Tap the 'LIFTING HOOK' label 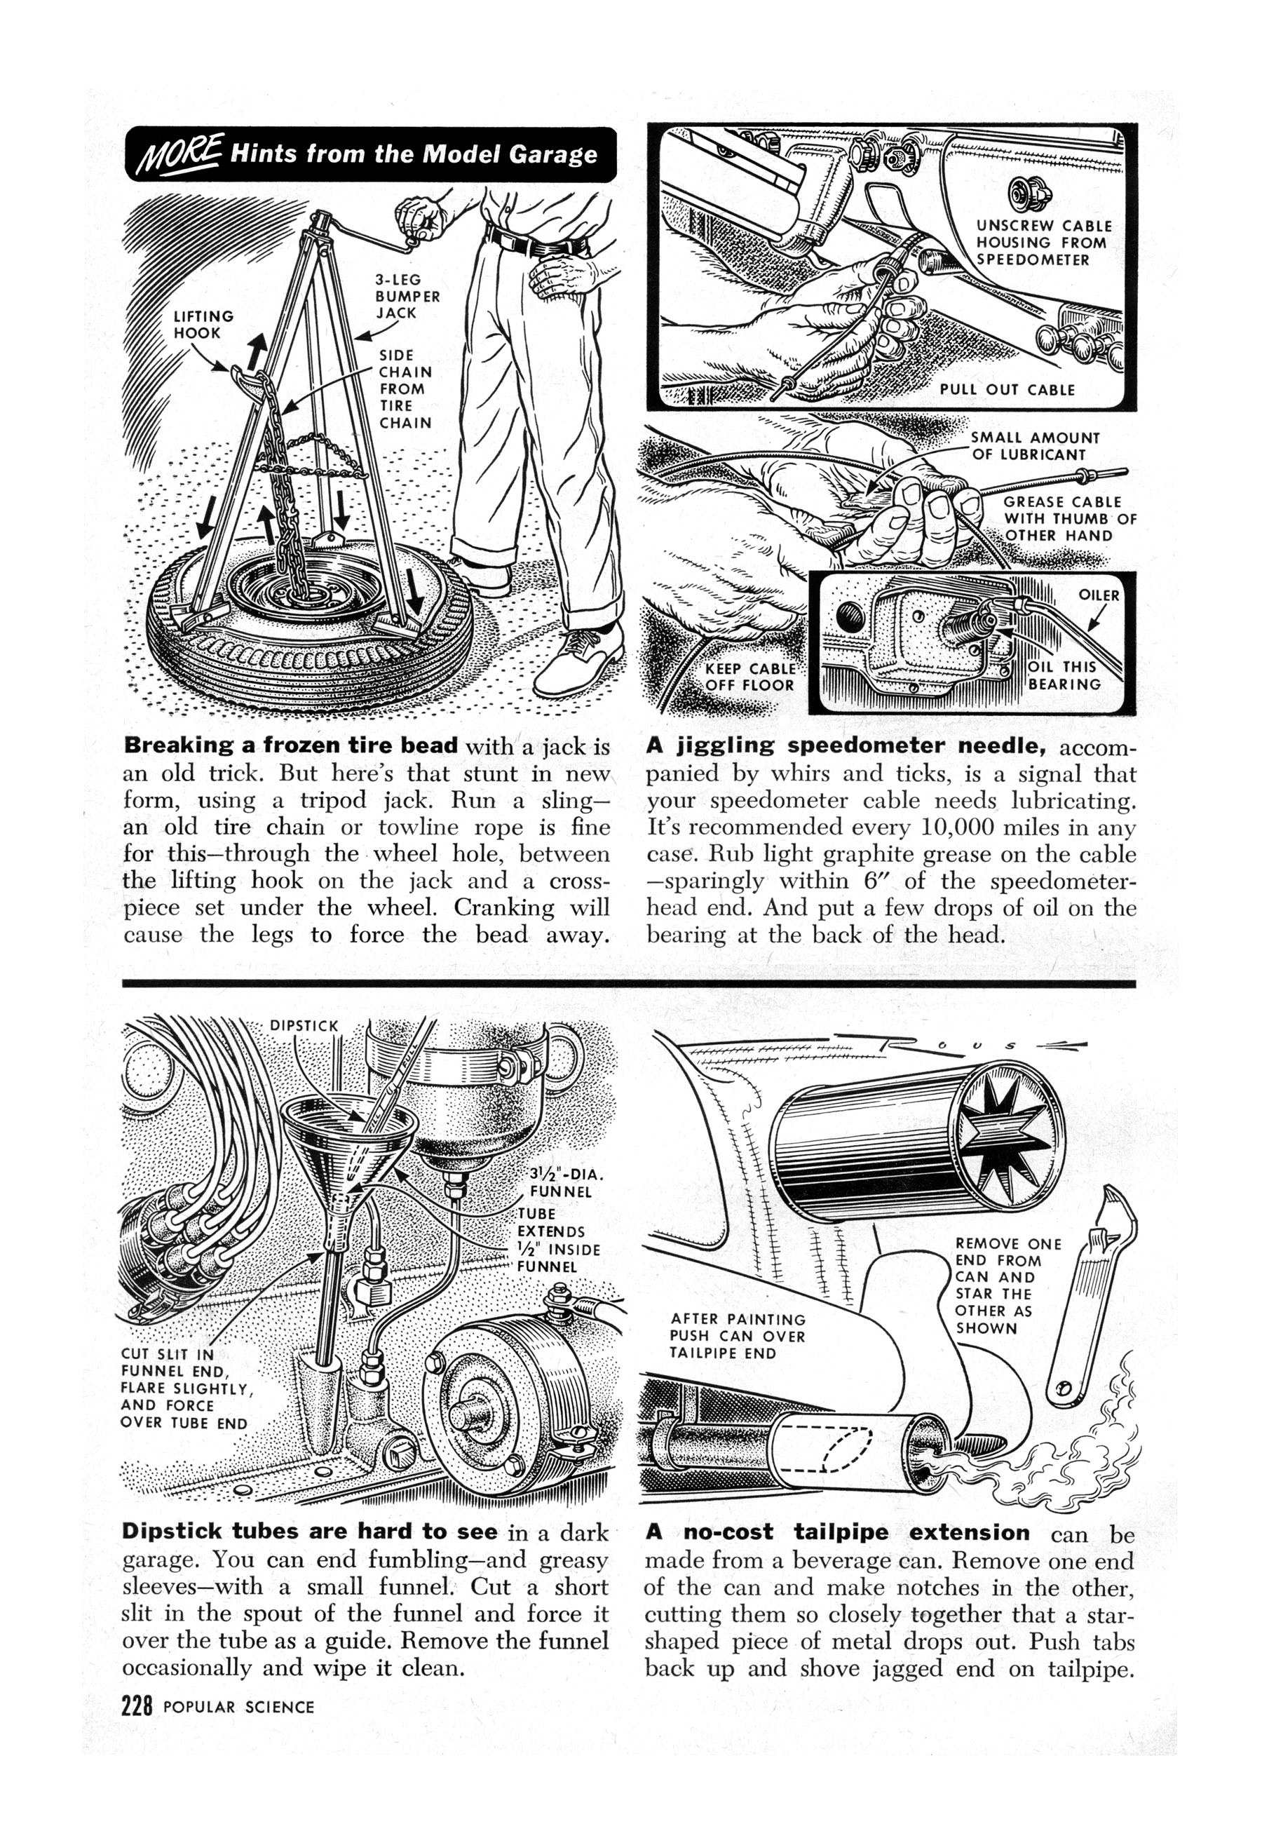point(203,324)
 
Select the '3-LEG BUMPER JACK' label point(407,296)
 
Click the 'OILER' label point(1099,595)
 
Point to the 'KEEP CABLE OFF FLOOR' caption point(749,677)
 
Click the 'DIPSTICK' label point(304,1026)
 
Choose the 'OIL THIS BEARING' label point(1064,675)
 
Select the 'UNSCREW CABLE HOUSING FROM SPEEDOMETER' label point(1043,243)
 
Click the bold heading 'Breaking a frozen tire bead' point(290,745)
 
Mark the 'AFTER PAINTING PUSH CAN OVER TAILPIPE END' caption point(738,1335)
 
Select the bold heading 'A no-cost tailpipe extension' point(837,1532)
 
